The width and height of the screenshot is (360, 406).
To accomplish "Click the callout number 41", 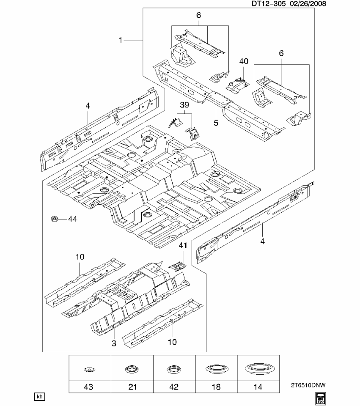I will tap(182, 245).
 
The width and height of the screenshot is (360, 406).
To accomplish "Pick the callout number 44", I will tap(73, 219).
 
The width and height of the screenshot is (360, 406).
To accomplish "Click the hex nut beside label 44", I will tap(54, 219).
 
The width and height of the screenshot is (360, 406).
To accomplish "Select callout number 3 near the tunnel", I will tap(113, 343).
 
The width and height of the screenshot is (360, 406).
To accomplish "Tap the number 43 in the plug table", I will tap(90, 387).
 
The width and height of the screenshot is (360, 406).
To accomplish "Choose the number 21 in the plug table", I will tap(132, 387).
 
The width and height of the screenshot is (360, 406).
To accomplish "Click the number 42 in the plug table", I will tap(174, 387).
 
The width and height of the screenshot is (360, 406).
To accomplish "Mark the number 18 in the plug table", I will tap(216, 387).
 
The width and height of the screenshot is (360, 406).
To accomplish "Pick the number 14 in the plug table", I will tap(258, 387).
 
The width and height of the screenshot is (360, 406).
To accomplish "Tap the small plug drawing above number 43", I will tap(90, 370).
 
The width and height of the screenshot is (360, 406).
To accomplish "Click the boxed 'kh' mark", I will tap(39, 396).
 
